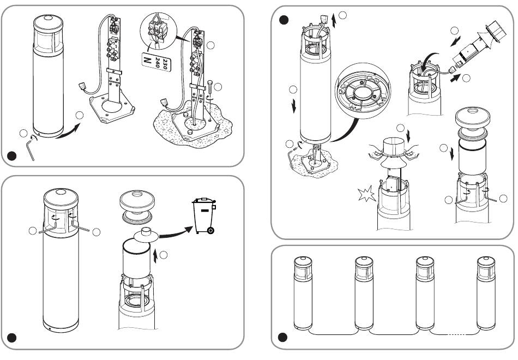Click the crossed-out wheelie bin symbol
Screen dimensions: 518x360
(x=204, y=215)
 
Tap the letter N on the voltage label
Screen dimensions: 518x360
(x=147, y=61)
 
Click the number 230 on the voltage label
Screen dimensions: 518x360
(x=166, y=64)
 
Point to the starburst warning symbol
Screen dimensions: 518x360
(x=367, y=194)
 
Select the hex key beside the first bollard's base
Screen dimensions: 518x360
(x=30, y=149)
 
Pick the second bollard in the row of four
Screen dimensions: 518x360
(x=364, y=293)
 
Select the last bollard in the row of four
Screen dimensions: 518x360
(x=486, y=293)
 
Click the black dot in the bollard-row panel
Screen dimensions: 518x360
(x=282, y=338)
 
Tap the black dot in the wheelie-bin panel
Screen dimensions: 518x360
(x=12, y=338)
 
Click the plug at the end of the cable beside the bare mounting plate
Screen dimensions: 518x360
(x=82, y=86)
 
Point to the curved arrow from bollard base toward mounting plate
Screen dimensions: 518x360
(x=68, y=131)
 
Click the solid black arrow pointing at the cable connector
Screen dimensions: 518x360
(x=455, y=78)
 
